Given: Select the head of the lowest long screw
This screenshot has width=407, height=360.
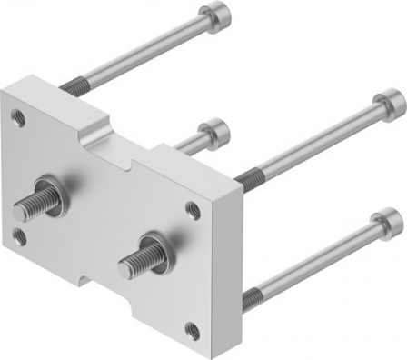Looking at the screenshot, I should [388, 220].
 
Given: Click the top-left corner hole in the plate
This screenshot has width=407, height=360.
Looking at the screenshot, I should [18, 115].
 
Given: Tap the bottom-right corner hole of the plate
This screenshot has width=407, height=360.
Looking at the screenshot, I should [192, 330].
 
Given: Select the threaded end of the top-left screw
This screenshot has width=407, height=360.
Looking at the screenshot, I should [72, 87].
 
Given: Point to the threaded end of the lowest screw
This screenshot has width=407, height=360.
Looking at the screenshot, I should [253, 294].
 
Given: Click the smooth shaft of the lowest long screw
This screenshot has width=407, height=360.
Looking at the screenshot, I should [318, 259].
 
